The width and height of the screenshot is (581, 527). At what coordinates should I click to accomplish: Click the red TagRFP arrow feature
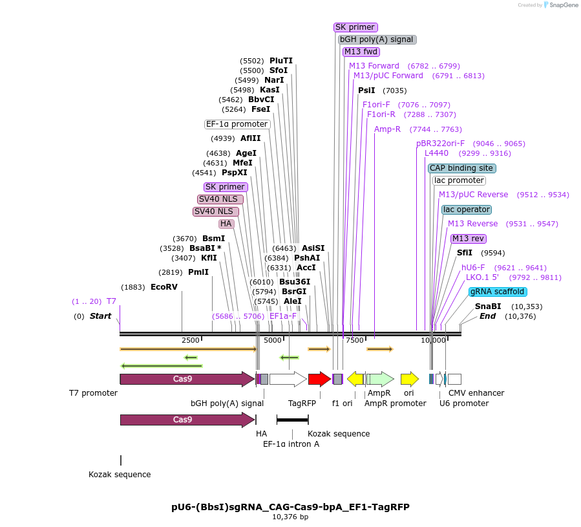coord(319,379)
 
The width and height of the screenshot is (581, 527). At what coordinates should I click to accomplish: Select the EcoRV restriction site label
coord(164,286)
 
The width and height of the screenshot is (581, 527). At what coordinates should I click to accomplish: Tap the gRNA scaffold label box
coord(498,292)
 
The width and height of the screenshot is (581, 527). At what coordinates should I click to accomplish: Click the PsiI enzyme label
coord(366,91)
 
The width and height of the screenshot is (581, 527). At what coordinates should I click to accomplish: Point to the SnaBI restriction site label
coord(488,307)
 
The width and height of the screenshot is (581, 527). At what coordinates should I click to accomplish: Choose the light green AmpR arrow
coord(381,379)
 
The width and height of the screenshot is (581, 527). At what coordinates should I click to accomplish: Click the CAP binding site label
coord(462,168)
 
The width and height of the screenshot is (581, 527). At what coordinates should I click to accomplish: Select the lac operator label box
coord(466,210)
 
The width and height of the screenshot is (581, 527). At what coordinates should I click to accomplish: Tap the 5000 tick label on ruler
coord(273,340)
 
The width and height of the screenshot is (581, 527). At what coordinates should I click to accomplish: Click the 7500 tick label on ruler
coord(354,340)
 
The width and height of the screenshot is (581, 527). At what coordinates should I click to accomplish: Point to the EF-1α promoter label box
coord(237,124)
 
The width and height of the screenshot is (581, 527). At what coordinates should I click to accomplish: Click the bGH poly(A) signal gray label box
coord(377,39)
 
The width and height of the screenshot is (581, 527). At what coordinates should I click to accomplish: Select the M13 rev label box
coord(469,239)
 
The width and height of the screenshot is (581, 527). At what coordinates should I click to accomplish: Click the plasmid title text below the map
coord(290,506)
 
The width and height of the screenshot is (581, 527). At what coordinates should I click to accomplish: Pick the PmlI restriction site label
coord(198,272)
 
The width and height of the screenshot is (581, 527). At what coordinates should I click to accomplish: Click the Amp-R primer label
coord(387,129)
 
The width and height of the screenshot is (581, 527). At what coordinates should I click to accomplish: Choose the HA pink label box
coord(226,224)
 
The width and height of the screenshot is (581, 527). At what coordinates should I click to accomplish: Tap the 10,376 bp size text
coord(290,517)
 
